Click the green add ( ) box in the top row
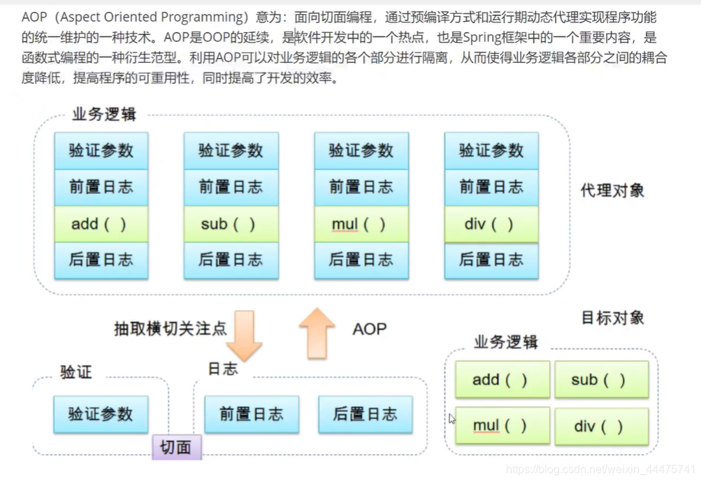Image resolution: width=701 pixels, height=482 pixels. click(101, 224)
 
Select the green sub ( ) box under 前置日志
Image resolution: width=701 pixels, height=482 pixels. click(231, 224)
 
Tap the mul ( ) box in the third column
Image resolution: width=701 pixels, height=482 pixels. click(361, 224)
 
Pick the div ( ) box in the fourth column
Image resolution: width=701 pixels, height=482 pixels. click(491, 224)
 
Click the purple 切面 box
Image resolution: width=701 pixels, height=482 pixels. click(177, 446)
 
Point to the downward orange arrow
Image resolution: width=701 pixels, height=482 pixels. click(244, 336)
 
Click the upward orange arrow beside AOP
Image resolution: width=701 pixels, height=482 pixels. click(317, 334)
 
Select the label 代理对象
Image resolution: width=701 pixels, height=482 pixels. click(612, 191)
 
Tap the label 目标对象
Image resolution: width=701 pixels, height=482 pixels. click(612, 318)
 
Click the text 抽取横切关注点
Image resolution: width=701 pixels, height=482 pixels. click(171, 329)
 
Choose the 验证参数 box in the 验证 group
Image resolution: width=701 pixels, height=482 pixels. click(101, 414)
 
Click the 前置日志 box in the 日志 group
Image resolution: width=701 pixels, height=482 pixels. click(252, 414)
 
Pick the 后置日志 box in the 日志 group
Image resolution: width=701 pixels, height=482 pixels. click(366, 414)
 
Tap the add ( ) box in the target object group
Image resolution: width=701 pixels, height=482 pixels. click(503, 379)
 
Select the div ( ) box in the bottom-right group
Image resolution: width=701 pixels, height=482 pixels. click(602, 426)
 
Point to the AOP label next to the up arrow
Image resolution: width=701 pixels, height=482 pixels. click(369, 329)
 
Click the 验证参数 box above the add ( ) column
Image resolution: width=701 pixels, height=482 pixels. click(101, 150)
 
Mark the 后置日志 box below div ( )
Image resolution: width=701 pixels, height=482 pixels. click(491, 260)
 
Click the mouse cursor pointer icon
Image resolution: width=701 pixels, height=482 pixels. click(452, 419)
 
